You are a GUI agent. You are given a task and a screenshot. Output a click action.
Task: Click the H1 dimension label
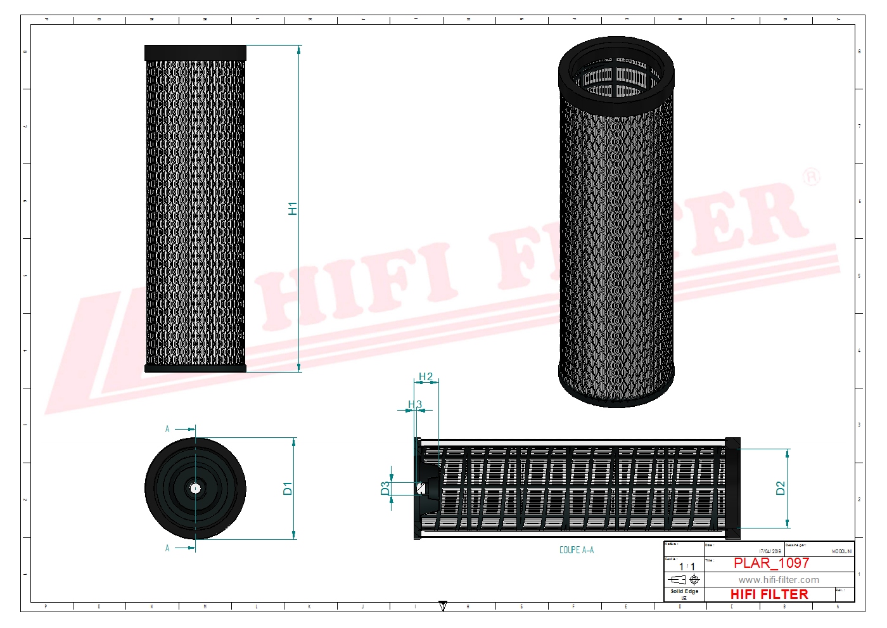(x=293, y=208)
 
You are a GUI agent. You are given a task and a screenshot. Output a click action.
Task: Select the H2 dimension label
(x=426, y=377)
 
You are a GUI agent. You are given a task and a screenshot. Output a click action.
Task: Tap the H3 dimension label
(x=415, y=404)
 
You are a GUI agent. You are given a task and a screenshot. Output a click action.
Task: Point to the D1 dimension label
(x=288, y=488)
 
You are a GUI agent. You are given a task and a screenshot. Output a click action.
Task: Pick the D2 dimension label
(x=781, y=488)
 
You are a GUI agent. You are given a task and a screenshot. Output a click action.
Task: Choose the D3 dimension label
(x=385, y=488)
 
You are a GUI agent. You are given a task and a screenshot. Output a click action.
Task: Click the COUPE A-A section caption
(x=577, y=550)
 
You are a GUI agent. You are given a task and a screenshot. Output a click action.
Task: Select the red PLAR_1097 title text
(x=771, y=563)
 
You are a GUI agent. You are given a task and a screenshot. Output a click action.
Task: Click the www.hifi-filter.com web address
(x=778, y=580)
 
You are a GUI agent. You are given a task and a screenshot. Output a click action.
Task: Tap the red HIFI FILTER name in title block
(x=769, y=594)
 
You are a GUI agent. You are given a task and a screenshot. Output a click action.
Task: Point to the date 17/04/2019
(x=770, y=551)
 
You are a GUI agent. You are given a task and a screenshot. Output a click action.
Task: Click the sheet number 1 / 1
(x=687, y=567)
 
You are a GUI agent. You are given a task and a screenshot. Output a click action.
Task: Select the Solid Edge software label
(x=684, y=591)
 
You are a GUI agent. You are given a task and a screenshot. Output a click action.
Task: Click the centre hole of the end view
(x=195, y=488)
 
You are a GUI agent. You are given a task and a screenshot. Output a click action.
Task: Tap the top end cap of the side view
(x=195, y=53)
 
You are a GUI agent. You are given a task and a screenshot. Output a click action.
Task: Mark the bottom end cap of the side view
(x=195, y=368)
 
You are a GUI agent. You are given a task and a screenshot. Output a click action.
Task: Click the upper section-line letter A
(x=167, y=429)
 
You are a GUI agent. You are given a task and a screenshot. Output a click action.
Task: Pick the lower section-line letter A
(x=167, y=548)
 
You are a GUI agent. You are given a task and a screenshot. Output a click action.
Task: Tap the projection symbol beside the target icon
(x=677, y=579)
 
